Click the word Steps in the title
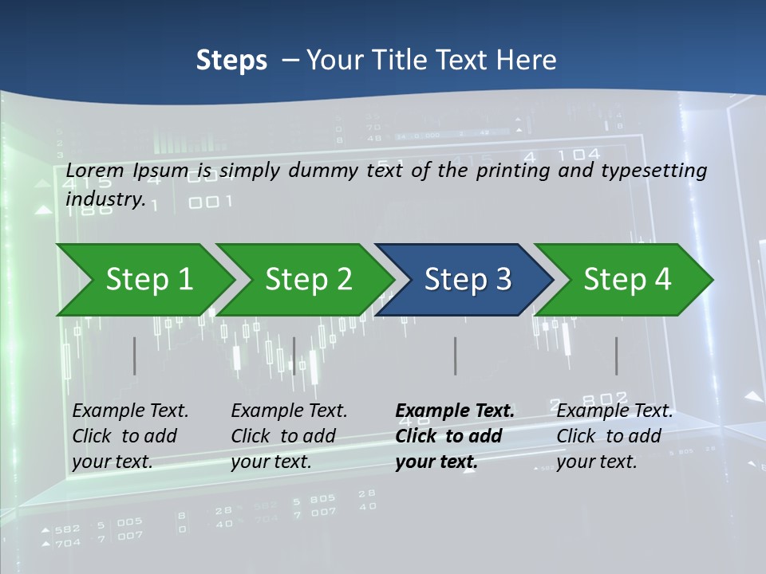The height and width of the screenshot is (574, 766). coord(231,61)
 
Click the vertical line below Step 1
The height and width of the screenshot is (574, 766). coord(135,356)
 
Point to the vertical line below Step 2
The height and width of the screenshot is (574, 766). coord(294,356)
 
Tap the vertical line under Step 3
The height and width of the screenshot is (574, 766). coord(456,356)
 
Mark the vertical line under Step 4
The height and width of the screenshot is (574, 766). coord(617,356)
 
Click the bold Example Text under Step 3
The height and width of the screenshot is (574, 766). coord(455,435)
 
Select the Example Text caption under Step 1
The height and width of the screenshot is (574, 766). coord(130,435)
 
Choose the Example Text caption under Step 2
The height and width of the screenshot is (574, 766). coord(289,435)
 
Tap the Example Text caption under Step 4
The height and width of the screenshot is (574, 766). coord(614,435)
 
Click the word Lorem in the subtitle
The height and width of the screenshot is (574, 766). coord(95,171)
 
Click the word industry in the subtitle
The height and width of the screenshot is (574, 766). coord(104,199)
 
